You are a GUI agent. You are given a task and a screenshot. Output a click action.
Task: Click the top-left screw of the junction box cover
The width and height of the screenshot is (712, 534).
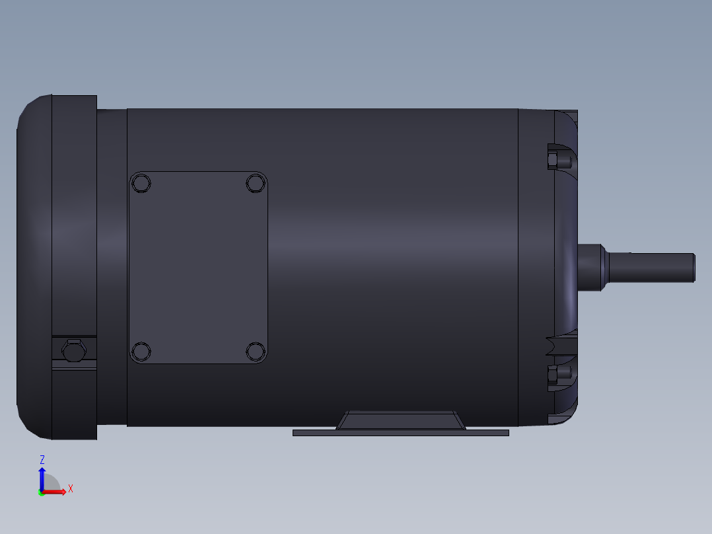(x=141, y=182)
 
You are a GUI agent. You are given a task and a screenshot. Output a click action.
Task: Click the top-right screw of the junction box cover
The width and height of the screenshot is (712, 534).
(x=256, y=182)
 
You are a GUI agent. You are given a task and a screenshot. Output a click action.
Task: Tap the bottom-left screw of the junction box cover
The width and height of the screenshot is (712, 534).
(x=141, y=351)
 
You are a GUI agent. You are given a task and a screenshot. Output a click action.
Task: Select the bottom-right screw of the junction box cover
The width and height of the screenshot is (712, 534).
(x=256, y=351)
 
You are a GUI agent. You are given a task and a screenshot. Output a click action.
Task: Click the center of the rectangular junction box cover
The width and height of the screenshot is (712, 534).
(x=198, y=267)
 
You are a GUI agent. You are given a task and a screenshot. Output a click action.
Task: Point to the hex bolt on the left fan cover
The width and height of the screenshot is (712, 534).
(x=72, y=352)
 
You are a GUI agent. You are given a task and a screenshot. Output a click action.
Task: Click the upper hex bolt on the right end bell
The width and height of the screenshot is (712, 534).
(x=559, y=161)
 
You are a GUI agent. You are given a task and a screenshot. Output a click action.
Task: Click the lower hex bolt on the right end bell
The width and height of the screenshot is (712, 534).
(x=559, y=375)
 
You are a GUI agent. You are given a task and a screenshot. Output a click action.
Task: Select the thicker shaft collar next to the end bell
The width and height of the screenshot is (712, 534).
(x=591, y=267)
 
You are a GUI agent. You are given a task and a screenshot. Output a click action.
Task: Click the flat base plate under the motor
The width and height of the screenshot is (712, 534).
(x=400, y=433)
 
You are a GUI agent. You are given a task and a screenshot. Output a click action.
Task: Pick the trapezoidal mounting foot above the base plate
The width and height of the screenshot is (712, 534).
(x=400, y=420)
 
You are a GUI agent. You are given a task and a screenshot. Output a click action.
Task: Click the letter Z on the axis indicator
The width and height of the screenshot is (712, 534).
(x=42, y=459)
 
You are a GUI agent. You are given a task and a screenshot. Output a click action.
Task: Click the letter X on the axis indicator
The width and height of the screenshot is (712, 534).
(x=71, y=489)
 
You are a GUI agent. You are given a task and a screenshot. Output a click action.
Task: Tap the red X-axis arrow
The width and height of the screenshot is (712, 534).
(x=56, y=492)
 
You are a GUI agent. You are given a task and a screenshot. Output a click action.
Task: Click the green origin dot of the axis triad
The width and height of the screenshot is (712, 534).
(x=41, y=493)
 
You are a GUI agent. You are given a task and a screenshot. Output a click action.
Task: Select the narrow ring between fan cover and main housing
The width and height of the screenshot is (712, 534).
(x=112, y=267)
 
